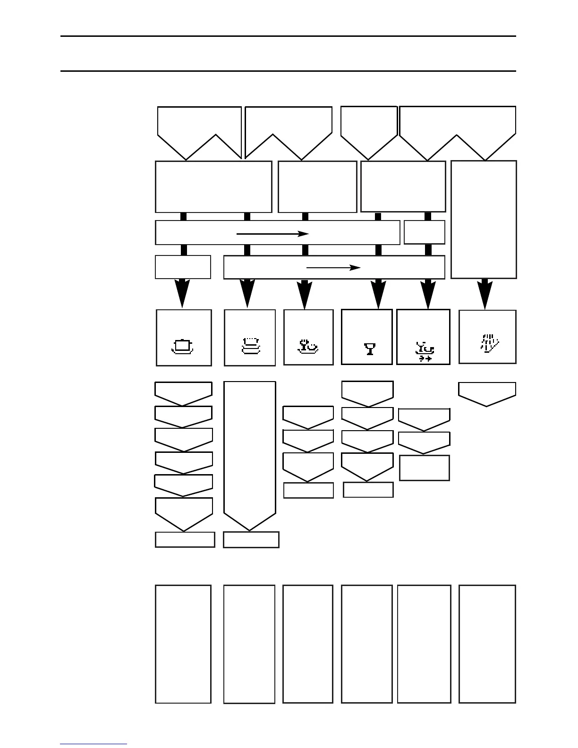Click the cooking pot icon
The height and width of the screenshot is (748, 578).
(x=183, y=346)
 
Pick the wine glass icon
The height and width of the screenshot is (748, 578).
(x=369, y=349)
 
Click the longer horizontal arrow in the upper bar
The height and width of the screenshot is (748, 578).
(x=272, y=233)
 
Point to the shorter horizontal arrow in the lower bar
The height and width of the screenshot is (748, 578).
(x=333, y=268)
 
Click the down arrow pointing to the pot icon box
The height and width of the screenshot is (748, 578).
(x=182, y=293)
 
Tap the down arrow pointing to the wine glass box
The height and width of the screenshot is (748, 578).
(x=378, y=294)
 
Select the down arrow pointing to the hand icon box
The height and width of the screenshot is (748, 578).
(x=484, y=294)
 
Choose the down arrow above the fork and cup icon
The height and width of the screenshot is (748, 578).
(x=305, y=294)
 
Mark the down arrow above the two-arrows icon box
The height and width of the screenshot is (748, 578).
(x=428, y=294)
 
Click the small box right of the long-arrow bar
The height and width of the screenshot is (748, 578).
(x=424, y=232)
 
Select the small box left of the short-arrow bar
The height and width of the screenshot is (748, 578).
(x=183, y=267)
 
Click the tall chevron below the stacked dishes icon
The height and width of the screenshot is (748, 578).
(x=249, y=453)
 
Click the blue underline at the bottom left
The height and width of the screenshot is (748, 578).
(x=93, y=744)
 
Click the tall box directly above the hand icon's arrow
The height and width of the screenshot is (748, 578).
(x=484, y=220)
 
